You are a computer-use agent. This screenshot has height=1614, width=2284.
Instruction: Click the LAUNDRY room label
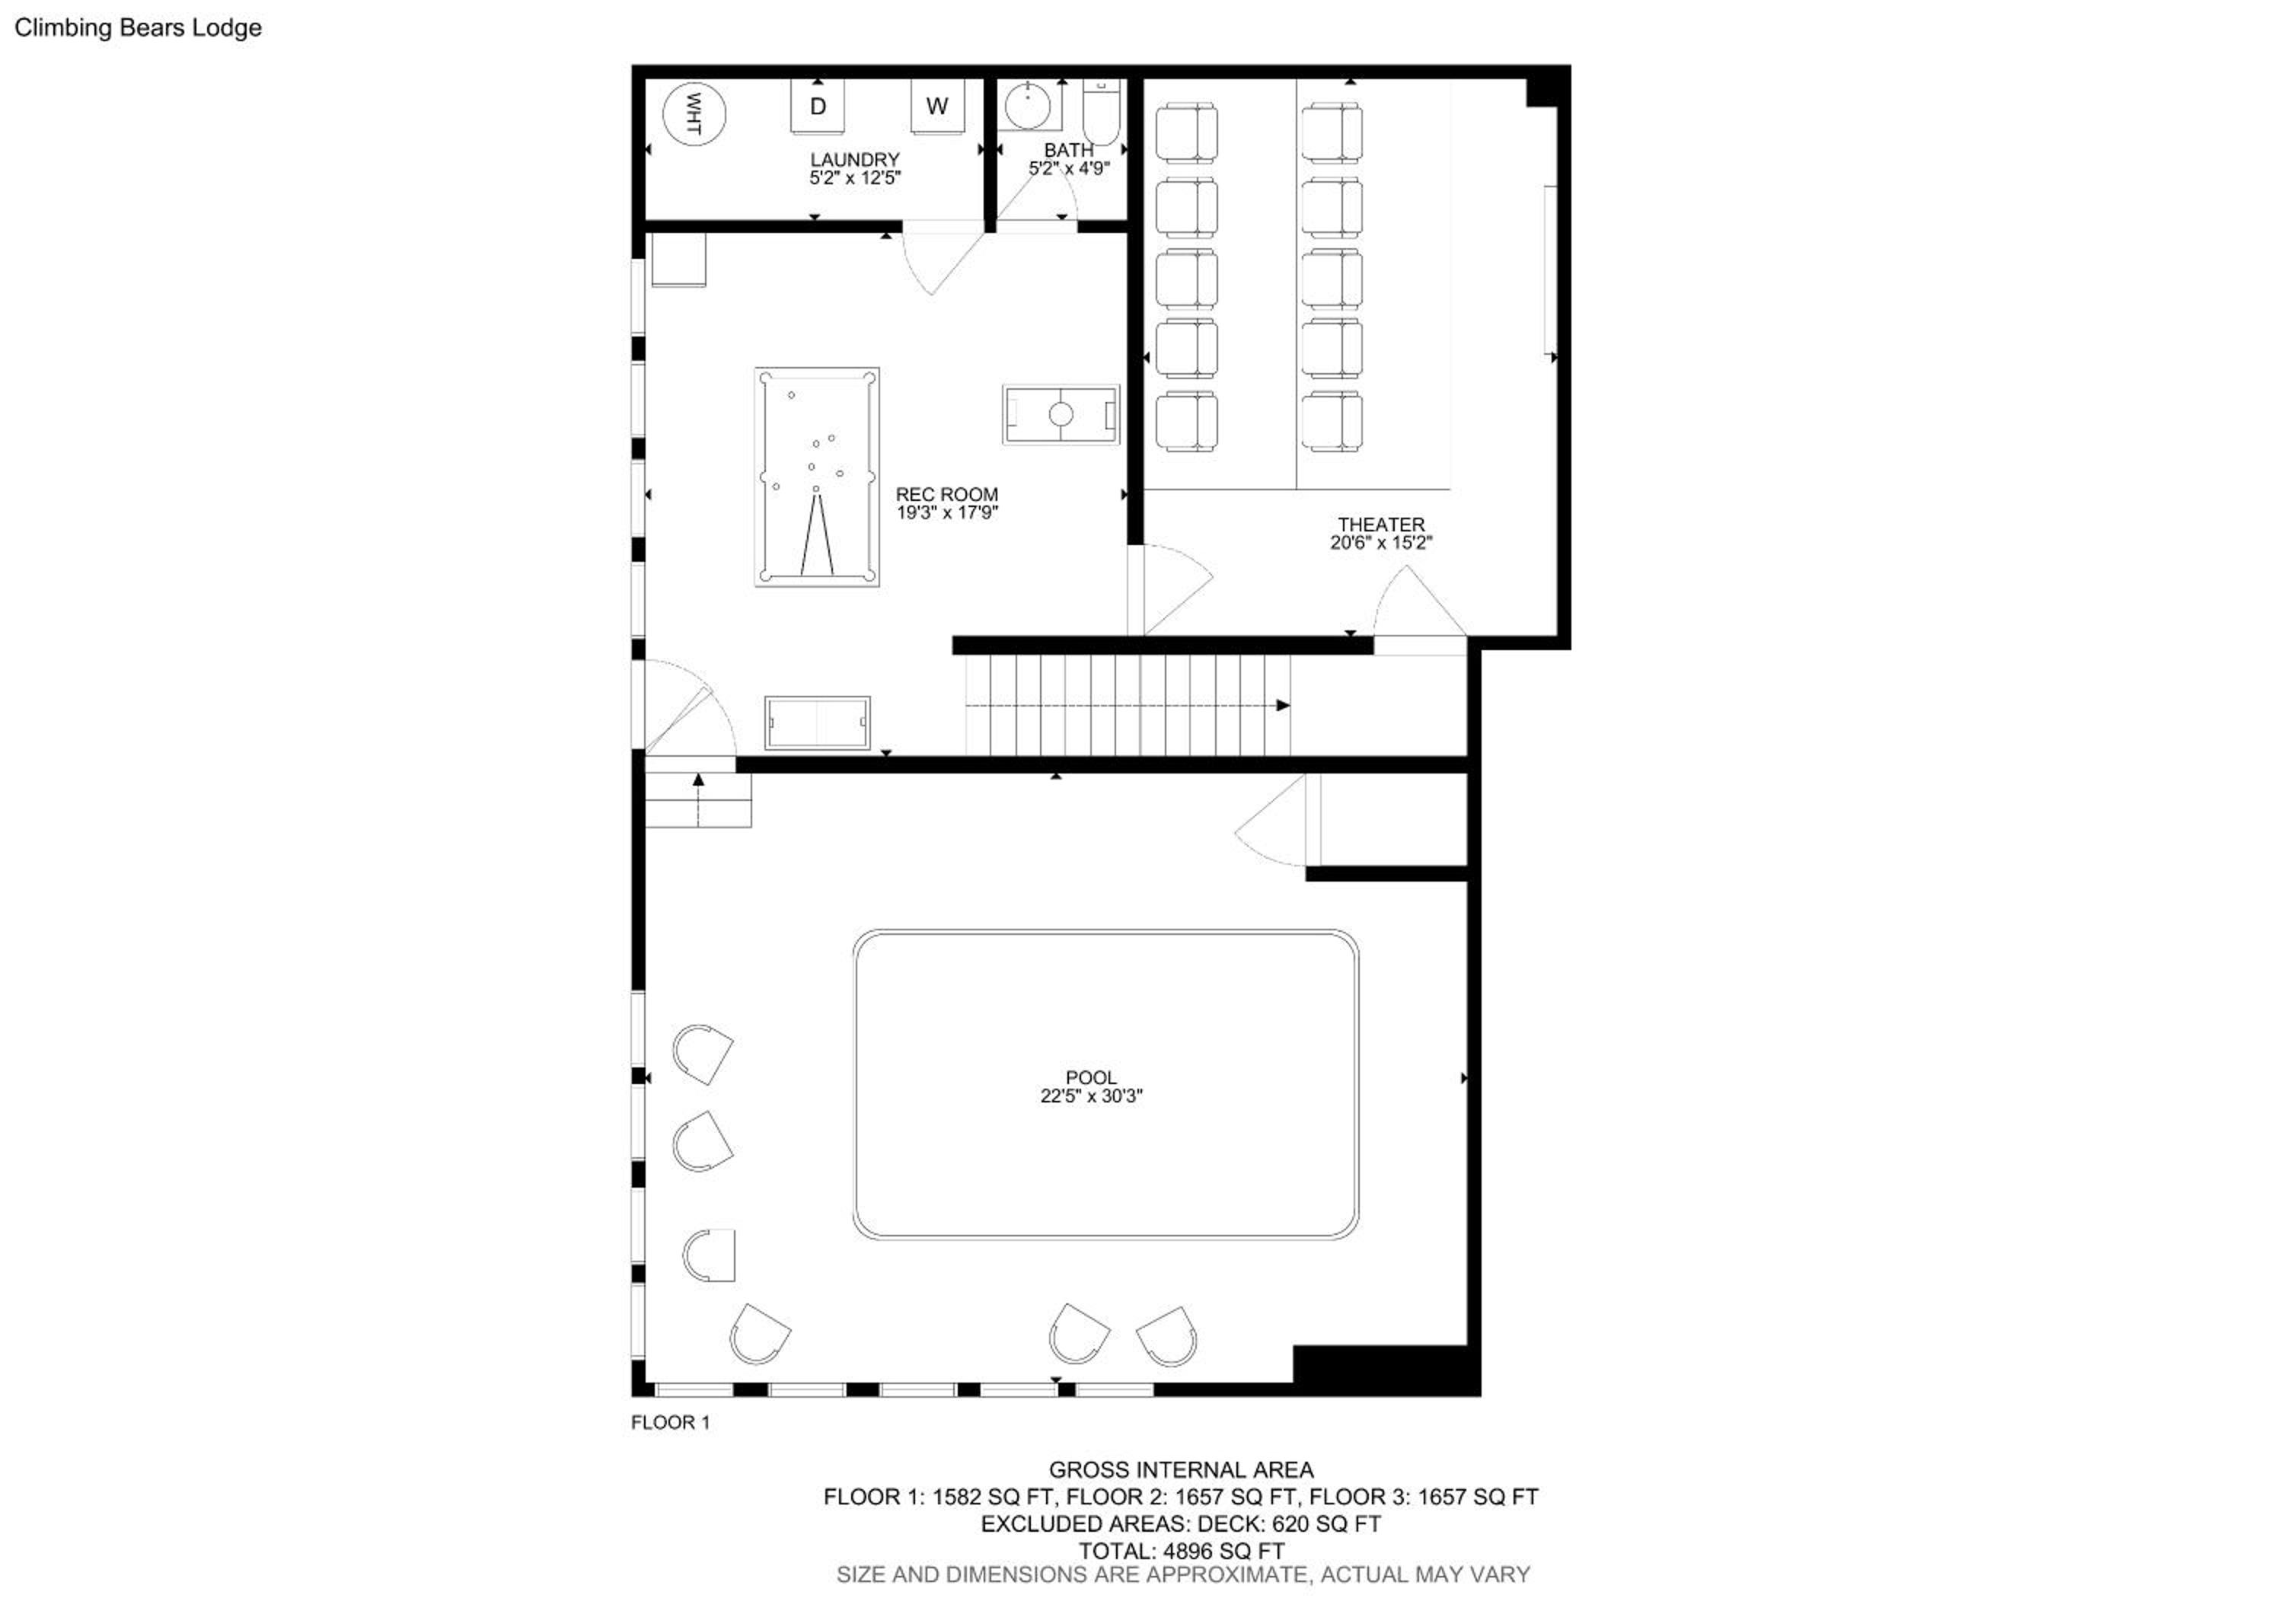[854, 159]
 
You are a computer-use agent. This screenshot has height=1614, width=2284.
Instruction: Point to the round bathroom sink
[1029, 105]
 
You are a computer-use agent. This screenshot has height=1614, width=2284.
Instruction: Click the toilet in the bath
[1101, 113]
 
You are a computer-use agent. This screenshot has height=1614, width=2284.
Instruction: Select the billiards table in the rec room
[817, 477]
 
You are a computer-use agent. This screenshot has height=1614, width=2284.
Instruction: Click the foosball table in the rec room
[1061, 413]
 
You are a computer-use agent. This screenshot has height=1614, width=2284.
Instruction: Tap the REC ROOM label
[946, 494]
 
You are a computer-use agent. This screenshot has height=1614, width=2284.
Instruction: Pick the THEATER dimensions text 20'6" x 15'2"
[1381, 543]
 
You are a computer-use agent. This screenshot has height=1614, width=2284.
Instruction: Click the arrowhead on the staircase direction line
[1284, 705]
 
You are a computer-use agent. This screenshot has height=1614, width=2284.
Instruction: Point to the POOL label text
[1091, 1077]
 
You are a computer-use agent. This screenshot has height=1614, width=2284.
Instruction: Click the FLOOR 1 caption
[671, 1422]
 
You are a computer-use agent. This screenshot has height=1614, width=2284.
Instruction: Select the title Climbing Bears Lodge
[139, 28]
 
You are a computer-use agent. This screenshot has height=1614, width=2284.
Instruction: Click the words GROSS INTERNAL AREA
[1181, 1470]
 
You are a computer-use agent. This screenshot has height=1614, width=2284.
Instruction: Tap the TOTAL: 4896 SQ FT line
[1181, 1550]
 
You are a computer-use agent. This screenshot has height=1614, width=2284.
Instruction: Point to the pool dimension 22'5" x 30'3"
[1091, 1096]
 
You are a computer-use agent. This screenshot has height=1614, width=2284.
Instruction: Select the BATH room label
[1068, 150]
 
